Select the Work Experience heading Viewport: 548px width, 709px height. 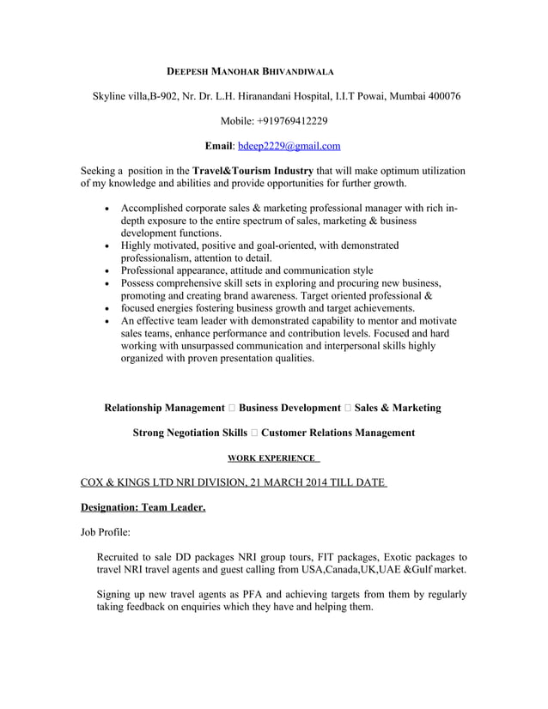point(274,458)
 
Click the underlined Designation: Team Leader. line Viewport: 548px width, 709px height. point(143,508)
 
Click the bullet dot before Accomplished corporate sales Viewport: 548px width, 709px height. point(106,209)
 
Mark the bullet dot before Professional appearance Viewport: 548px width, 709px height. point(106,270)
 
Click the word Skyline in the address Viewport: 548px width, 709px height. point(112,95)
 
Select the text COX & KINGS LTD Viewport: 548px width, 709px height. point(130,483)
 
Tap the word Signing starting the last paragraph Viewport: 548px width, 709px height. point(117,594)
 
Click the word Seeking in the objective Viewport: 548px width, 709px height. point(98,171)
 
